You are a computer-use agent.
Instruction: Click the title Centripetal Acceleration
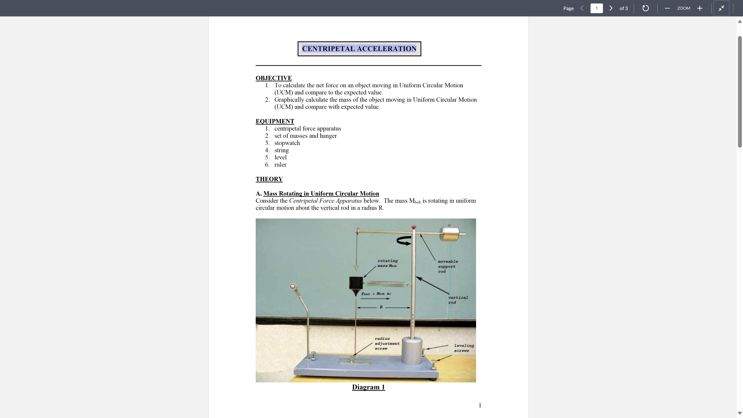pyautogui.click(x=359, y=49)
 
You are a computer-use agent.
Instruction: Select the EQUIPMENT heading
pyautogui.click(x=275, y=121)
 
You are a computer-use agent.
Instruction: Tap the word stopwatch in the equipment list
pyautogui.click(x=287, y=143)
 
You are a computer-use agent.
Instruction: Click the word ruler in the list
pyautogui.click(x=280, y=164)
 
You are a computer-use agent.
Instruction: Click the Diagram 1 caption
pyautogui.click(x=368, y=387)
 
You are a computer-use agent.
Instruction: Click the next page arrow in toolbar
pyautogui.click(x=611, y=8)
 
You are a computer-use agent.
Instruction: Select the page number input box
pyautogui.click(x=596, y=8)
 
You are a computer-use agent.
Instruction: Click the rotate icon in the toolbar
pyautogui.click(x=645, y=8)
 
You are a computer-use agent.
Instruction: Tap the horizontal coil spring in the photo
pyautogui.click(x=385, y=284)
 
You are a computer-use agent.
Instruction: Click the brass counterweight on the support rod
pyautogui.click(x=449, y=234)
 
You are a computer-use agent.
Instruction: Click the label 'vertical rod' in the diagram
pyautogui.click(x=458, y=300)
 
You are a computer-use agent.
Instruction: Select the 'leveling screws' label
pyautogui.click(x=464, y=348)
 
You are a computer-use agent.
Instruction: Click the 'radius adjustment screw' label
pyautogui.click(x=387, y=343)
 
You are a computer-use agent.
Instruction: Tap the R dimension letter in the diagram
pyautogui.click(x=381, y=307)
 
